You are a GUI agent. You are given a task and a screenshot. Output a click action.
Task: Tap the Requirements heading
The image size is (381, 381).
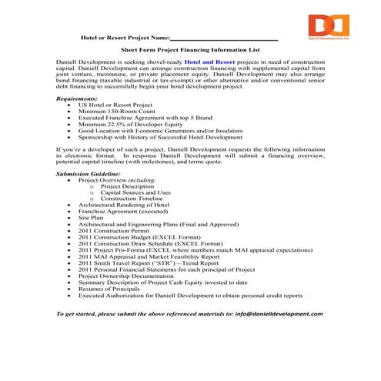click(x=78, y=99)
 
